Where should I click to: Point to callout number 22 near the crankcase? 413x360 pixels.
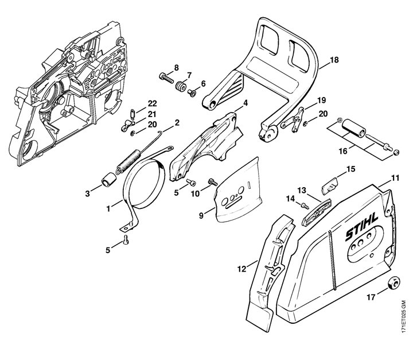coord(151,103)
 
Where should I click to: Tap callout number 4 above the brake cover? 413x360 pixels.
coord(246,103)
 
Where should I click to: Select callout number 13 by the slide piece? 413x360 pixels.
coord(301,189)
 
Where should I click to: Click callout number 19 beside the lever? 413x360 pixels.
coord(321,99)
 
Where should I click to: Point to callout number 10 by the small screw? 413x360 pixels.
coord(194,193)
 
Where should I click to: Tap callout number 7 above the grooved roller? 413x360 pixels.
coord(189,75)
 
